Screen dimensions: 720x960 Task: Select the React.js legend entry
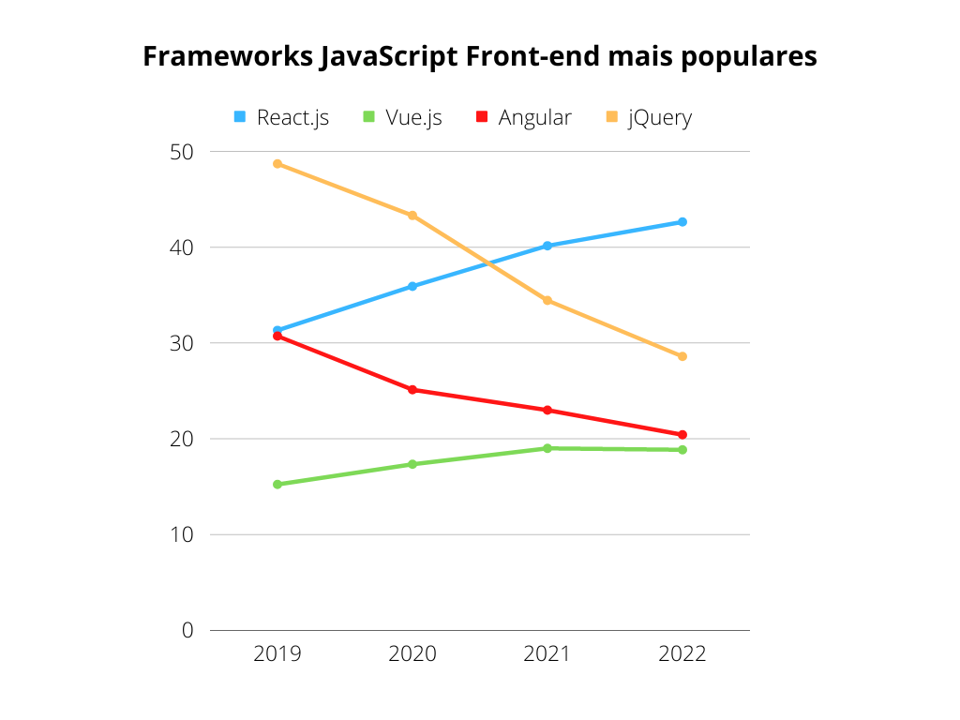(x=281, y=117)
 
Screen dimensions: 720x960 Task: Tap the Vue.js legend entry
(x=402, y=117)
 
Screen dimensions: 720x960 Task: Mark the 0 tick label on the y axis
(x=187, y=630)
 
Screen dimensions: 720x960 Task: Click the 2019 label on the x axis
(x=277, y=653)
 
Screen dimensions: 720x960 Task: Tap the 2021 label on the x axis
(x=547, y=653)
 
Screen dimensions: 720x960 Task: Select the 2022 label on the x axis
(x=682, y=653)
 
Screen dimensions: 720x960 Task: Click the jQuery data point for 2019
(x=277, y=164)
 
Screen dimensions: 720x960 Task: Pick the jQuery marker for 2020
(x=412, y=216)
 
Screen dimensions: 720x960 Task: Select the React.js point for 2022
(x=682, y=222)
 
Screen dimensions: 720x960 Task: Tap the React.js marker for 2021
(x=547, y=246)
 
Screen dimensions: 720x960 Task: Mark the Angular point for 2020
(x=412, y=390)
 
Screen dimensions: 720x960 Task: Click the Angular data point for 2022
(x=682, y=435)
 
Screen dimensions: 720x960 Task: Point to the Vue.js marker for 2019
(x=277, y=485)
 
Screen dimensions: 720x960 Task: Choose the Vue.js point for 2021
(x=547, y=448)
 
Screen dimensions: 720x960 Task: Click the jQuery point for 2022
(x=682, y=356)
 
